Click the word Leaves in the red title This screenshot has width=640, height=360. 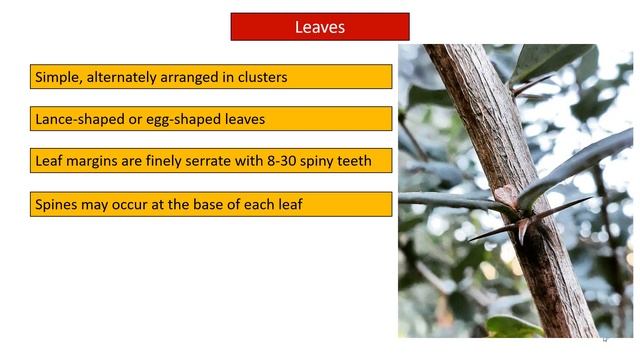(x=319, y=27)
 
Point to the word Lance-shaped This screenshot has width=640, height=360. (x=80, y=119)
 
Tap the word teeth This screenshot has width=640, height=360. (x=366, y=161)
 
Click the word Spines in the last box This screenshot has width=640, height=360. (x=58, y=204)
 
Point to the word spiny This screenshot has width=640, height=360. (x=328, y=161)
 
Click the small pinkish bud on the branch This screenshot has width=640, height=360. (x=507, y=195)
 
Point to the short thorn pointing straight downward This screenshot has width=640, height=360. (x=522, y=231)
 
